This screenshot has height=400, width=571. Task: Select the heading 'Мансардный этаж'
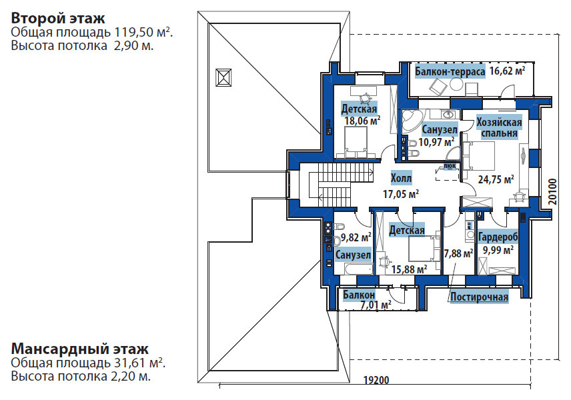[79, 349]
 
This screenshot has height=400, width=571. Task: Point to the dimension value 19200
[377, 381]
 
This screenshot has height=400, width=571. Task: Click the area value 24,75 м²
[496, 179]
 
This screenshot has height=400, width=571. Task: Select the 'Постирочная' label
[479, 297]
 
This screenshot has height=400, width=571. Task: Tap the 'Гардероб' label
[498, 237]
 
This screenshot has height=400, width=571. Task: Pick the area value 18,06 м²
[362, 121]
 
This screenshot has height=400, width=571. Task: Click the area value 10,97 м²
[436, 141]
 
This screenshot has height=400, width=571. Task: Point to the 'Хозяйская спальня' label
[498, 127]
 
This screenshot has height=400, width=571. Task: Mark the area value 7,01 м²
[376, 305]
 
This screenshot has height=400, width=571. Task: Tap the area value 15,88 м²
[408, 269]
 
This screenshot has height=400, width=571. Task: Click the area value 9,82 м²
[356, 237]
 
